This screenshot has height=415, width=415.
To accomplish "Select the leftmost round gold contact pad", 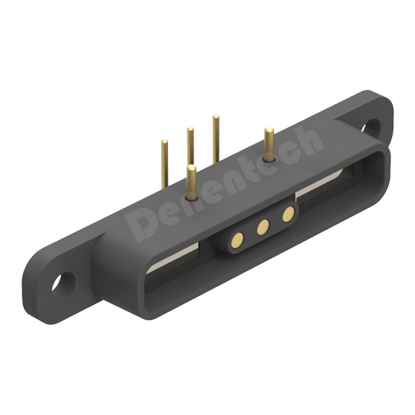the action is click(x=238, y=240).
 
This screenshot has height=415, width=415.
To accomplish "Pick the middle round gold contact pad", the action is click(x=263, y=227).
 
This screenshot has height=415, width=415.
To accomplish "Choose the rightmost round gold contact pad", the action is click(x=288, y=214).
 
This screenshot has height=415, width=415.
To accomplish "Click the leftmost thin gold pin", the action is click(x=164, y=164).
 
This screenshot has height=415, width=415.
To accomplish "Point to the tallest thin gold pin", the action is click(x=216, y=139).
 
